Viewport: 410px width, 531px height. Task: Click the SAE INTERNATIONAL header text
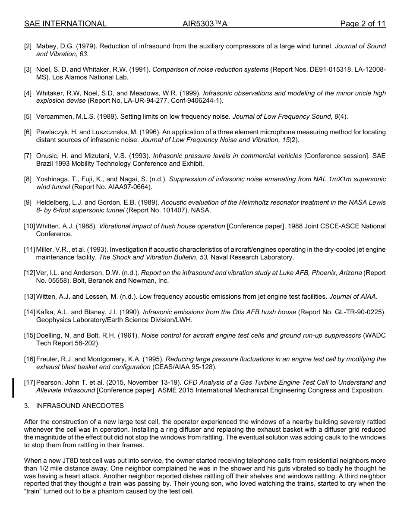click(65, 24)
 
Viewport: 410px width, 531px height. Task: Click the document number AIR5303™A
click(205, 24)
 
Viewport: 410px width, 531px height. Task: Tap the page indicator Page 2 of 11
click(363, 24)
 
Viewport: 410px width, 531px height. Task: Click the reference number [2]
click(28, 46)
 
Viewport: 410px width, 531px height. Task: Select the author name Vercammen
click(54, 117)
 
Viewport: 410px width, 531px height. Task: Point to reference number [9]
click(28, 202)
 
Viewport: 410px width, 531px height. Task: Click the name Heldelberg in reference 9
click(54, 202)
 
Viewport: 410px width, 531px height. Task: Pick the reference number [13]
click(30, 297)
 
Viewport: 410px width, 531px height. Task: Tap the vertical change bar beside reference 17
click(13, 387)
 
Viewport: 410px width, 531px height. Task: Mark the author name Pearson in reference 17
click(50, 382)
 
